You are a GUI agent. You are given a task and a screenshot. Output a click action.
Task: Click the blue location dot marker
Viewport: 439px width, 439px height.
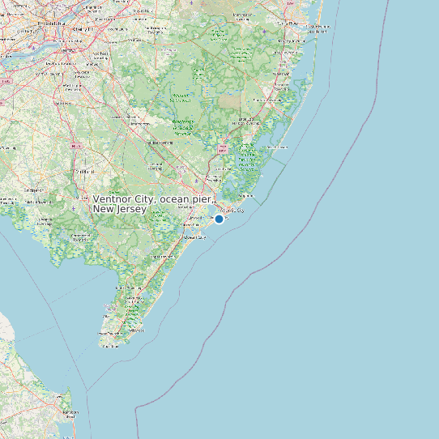pos(219,219)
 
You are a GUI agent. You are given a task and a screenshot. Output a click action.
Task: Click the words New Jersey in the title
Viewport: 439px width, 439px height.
pos(120,210)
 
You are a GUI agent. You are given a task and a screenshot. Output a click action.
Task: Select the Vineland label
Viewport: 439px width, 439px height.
pos(83,173)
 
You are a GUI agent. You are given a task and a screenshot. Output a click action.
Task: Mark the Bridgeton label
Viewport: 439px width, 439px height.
pos(35,201)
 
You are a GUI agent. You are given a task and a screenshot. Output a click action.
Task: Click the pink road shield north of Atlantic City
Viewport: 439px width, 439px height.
pos(222,149)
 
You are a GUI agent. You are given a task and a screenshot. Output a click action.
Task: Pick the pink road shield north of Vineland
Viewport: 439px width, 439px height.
pos(77,145)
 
